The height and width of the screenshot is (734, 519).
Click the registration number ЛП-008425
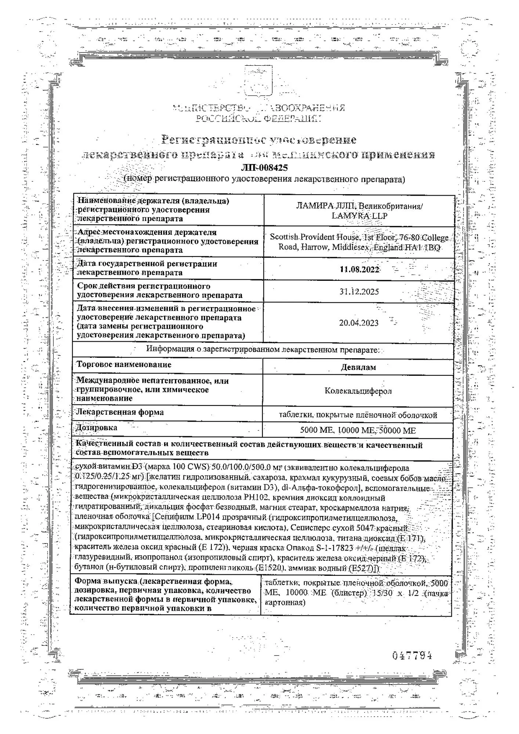coord(264,168)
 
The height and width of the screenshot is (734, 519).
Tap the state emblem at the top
coord(259,81)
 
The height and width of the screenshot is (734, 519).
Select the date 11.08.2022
coord(359,269)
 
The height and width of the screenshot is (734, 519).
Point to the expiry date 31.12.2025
coord(359,292)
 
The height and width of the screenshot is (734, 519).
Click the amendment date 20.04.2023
coord(359,323)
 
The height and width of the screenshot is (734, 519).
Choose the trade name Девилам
coord(358,367)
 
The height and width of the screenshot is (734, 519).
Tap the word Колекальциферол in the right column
coord(358,391)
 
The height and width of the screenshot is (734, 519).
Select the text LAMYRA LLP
coord(359,216)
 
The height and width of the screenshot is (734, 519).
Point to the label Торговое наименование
coord(124,365)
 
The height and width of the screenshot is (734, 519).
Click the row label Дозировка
coord(97,428)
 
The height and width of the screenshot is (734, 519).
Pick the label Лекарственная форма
coord(120,412)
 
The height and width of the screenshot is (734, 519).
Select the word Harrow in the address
coord(314,247)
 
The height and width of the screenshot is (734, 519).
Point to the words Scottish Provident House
coord(315,237)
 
